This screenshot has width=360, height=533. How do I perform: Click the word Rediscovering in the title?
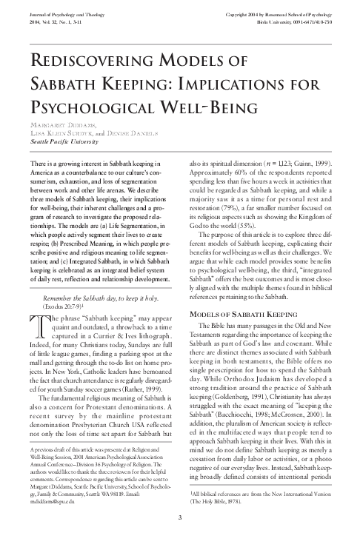point(77,61)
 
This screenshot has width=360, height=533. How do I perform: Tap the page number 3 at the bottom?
point(180,516)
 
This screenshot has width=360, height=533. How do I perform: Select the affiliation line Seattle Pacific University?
point(62,140)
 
